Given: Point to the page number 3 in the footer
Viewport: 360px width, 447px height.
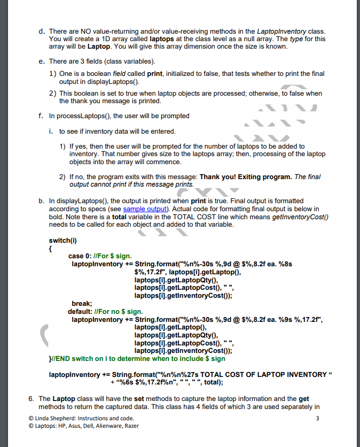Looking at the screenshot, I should point(317,418).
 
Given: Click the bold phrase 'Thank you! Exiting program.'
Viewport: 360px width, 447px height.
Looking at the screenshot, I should point(246,176).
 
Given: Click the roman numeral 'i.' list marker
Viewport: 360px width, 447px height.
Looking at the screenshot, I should point(51,131).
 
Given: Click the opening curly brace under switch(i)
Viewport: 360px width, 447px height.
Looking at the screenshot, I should point(50,248).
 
